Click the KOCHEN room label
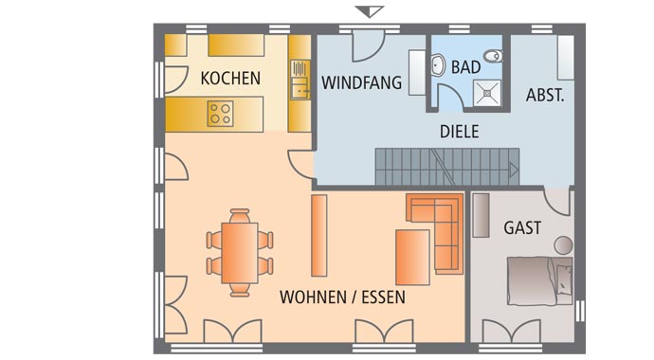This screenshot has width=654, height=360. tap(230, 79)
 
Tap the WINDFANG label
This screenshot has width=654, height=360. tap(361, 83)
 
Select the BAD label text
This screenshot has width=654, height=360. tap(466, 68)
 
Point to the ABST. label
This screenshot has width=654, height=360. tap(545, 95)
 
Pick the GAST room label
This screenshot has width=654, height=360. tap(522, 228)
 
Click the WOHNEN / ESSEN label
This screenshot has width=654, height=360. tap(342, 297)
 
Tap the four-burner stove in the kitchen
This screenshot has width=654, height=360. tap(221, 115)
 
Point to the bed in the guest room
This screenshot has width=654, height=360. tap(539, 282)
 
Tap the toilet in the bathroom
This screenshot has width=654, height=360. tap(495, 56)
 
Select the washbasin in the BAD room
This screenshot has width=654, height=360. tap(439, 64)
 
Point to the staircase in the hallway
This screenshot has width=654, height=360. tap(445, 166)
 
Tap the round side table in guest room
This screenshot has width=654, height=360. tap(564, 243)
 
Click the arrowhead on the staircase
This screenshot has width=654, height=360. tap(513, 171)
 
